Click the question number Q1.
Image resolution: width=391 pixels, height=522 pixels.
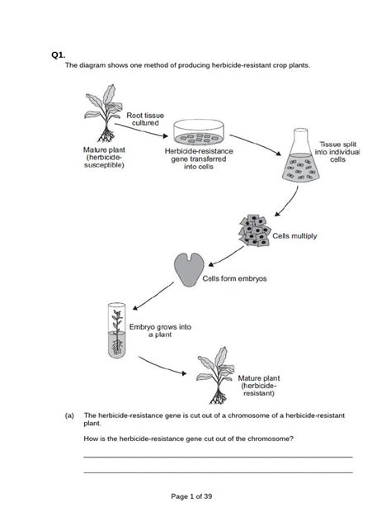57,55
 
